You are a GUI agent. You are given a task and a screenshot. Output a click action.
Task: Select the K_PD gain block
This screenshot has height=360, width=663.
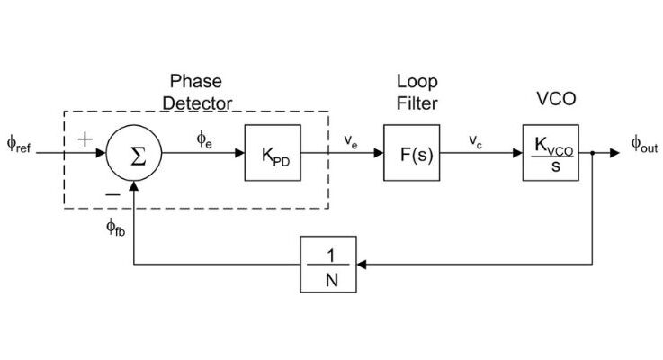(273, 153)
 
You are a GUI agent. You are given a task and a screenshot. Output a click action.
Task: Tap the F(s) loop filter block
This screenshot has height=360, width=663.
(411, 153)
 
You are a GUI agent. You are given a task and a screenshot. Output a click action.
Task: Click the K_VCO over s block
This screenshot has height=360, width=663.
(550, 153)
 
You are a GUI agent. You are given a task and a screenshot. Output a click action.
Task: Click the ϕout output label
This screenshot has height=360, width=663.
(643, 145)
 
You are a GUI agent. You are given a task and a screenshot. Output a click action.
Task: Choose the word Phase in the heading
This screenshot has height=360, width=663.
(196, 83)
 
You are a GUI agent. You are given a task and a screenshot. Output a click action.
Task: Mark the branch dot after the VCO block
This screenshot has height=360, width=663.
(593, 153)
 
